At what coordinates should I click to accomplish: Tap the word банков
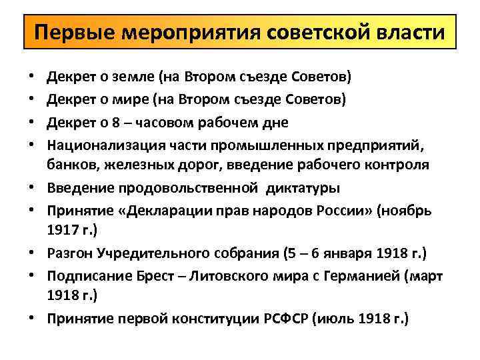[x=69, y=164]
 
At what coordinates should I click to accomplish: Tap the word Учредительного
[x=139, y=253]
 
